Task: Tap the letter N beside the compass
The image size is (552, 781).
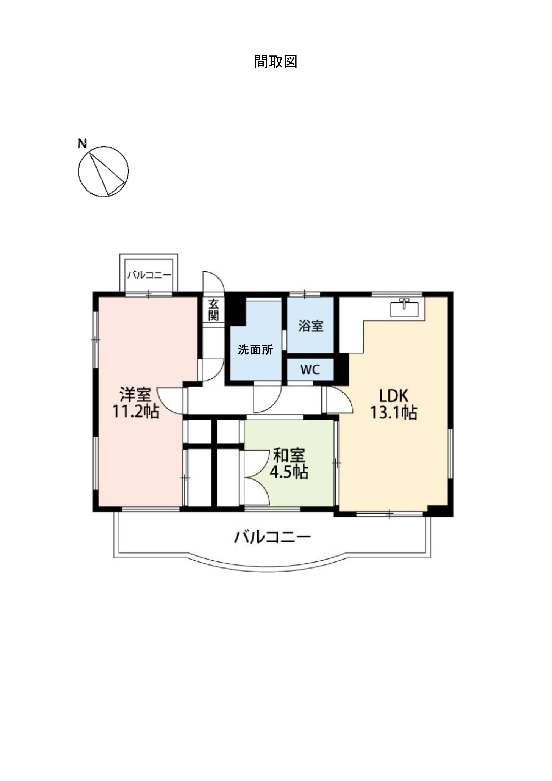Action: coord(82,144)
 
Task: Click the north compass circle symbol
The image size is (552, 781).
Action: coord(103,171)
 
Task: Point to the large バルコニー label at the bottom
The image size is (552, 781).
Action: coord(272,537)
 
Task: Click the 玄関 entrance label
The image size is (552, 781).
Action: coord(214,310)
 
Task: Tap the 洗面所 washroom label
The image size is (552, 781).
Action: coord(255,350)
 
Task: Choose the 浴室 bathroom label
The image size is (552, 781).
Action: coord(310,326)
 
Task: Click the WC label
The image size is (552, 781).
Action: coord(310,370)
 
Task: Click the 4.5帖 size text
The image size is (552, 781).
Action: coord(289,472)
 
